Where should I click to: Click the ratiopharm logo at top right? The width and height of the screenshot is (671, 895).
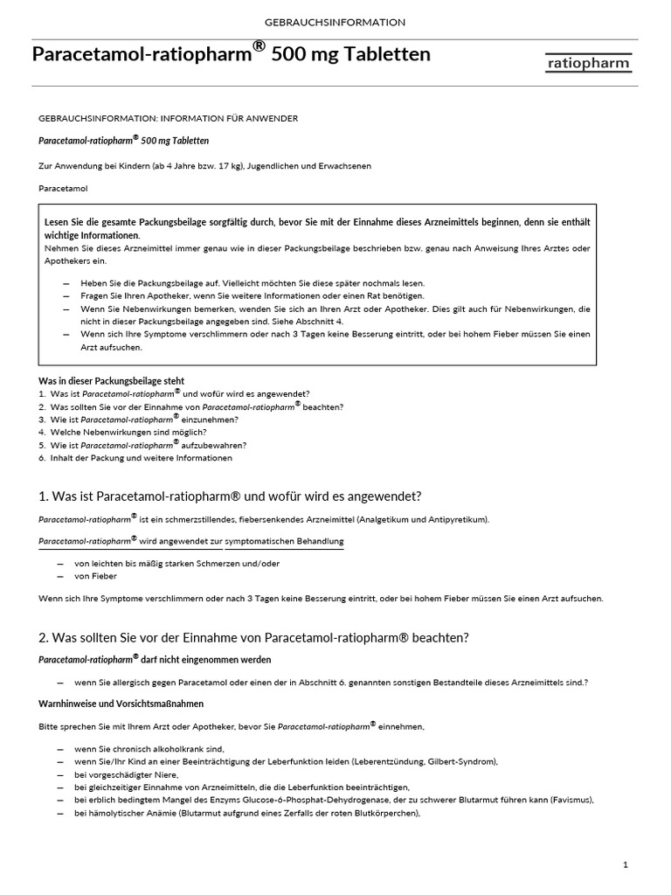click(590, 63)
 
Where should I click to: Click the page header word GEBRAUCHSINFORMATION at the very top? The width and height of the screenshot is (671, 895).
click(335, 22)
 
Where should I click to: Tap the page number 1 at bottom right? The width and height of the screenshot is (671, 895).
click(626, 864)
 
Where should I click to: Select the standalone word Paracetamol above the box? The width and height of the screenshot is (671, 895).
click(64, 188)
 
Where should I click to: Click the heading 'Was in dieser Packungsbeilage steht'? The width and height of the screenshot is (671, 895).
click(112, 381)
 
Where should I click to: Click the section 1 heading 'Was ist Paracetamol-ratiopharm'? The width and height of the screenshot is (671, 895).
click(230, 496)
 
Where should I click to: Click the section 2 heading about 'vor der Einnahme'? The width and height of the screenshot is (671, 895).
click(253, 637)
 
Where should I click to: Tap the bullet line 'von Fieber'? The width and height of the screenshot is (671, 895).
click(95, 576)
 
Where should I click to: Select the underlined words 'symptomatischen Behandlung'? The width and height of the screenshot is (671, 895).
click(284, 542)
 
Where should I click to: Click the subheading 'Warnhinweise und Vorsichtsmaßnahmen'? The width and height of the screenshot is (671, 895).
click(121, 703)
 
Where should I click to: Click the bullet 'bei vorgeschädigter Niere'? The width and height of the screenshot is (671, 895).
click(127, 774)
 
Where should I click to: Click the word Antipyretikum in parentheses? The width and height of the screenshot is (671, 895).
click(451, 519)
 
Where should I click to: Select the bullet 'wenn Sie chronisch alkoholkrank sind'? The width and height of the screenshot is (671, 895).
click(149, 749)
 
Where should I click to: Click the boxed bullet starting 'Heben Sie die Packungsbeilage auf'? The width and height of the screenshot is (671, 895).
click(252, 283)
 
